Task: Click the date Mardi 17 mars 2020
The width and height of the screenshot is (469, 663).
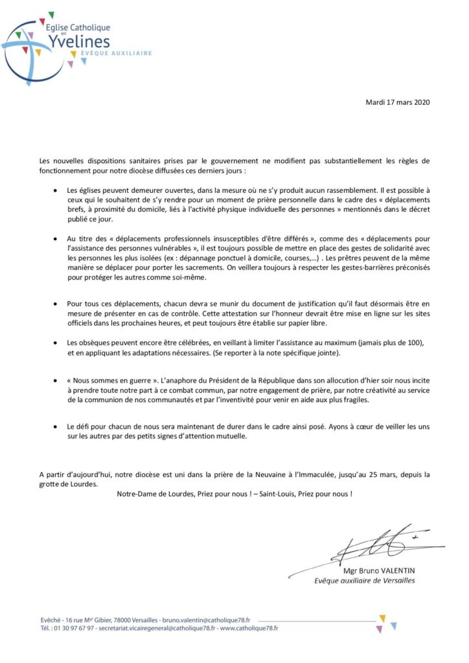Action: [398, 102]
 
